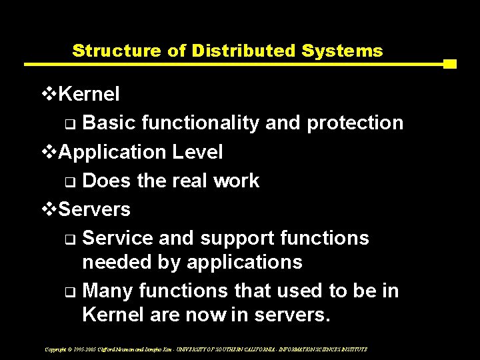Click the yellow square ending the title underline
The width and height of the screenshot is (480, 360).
click(449, 65)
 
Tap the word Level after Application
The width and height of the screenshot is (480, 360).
click(197, 152)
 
